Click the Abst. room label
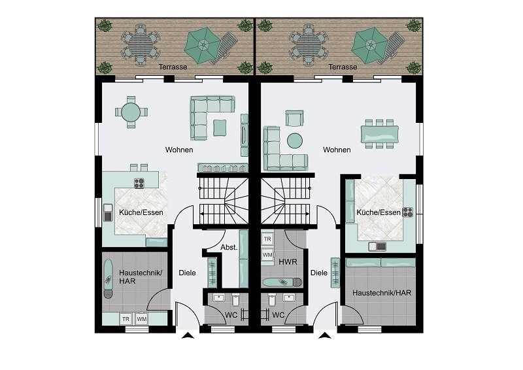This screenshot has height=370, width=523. pos(228,248)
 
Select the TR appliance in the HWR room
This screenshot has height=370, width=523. pos(267,239)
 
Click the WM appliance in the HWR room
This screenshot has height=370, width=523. pos(267,254)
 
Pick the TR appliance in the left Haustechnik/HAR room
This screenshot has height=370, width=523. pos(125,318)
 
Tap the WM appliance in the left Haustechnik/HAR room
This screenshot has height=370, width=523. pos(141,318)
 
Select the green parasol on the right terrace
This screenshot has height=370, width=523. pos(371,44)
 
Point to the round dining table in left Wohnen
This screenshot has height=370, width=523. pos(130,112)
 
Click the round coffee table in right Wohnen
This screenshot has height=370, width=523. pos(295,140)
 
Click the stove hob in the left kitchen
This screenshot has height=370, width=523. pos(139,182)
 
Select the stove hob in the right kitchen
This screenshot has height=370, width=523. pos(408,211)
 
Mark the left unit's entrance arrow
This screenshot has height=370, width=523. pos(187,337)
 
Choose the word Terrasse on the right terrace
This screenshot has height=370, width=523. pos(343,67)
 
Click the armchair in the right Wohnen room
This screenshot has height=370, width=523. pos(295,118)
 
